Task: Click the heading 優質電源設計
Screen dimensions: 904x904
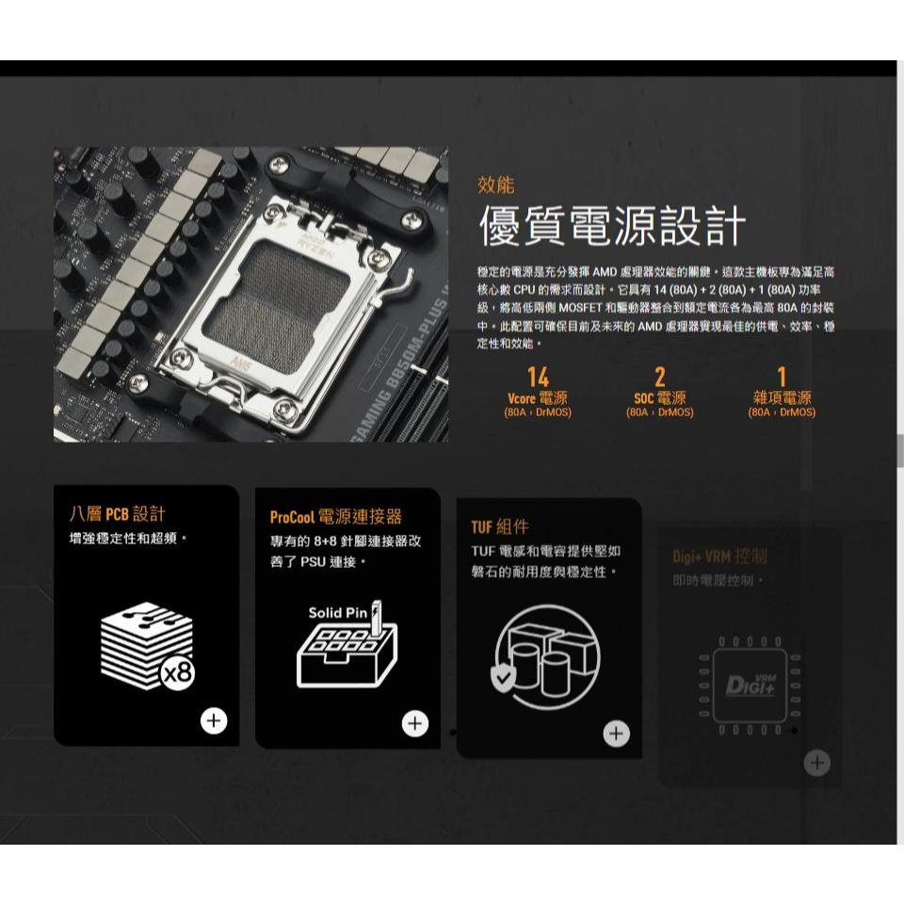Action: click(x=612, y=228)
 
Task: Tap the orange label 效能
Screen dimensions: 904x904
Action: click(x=496, y=185)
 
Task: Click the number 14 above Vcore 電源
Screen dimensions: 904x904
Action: click(x=538, y=378)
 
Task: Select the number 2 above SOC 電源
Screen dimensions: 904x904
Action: click(x=659, y=378)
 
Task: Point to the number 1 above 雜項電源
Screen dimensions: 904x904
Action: click(x=782, y=378)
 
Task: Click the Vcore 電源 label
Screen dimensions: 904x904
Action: click(x=538, y=398)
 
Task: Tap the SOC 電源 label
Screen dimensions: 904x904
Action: click(x=659, y=398)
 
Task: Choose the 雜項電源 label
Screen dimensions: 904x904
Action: click(x=782, y=398)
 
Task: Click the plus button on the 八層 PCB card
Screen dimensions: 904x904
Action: click(x=215, y=721)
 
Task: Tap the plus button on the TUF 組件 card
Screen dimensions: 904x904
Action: click(x=617, y=734)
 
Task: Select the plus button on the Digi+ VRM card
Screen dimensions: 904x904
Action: click(x=817, y=763)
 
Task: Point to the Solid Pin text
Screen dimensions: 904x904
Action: click(x=337, y=613)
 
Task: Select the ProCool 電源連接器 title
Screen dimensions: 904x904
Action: click(x=335, y=517)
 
